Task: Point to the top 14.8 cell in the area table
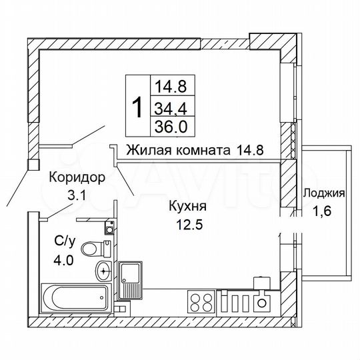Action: (x=170, y=86)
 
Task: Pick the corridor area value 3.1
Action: (x=77, y=195)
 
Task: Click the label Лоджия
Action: (x=323, y=195)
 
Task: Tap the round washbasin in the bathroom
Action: (x=103, y=271)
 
